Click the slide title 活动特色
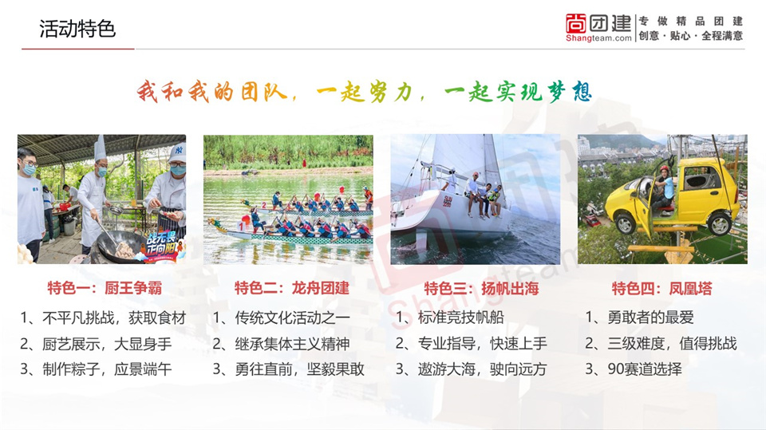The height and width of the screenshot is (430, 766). click(x=77, y=29)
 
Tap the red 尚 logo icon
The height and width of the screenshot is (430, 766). click(x=575, y=23)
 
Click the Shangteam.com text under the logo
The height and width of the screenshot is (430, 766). click(x=598, y=38)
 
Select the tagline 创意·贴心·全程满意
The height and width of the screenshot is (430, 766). click(x=691, y=36)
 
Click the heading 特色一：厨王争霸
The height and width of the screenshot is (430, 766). click(x=105, y=288)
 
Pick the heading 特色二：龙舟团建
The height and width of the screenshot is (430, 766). click(x=292, y=288)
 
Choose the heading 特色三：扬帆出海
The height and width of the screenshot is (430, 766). click(x=481, y=288)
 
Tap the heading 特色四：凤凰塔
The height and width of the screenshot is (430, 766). click(x=662, y=288)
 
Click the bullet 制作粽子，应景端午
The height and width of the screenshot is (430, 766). click(x=96, y=369)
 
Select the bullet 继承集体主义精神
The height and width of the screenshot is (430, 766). click(x=281, y=344)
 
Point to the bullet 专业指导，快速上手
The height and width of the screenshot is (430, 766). click(x=471, y=344)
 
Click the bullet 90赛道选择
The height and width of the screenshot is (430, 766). click(x=634, y=369)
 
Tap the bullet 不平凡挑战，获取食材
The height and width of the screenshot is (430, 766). click(x=103, y=318)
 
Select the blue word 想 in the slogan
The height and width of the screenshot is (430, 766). click(x=582, y=92)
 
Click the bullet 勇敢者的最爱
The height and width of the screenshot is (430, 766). click(x=639, y=318)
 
